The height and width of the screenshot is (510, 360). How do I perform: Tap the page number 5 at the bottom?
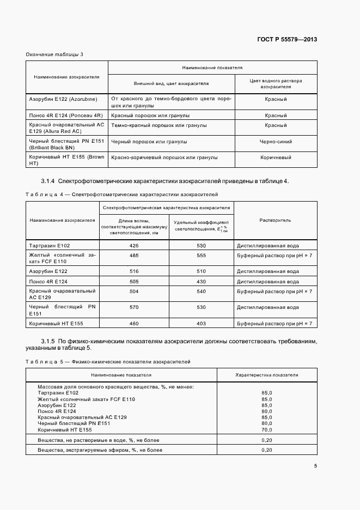point(315,466)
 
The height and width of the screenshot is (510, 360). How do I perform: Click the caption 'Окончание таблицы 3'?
point(54,54)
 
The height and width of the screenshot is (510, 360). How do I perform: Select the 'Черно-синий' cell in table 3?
point(276,142)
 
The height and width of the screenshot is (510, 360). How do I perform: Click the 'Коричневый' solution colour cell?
point(276,157)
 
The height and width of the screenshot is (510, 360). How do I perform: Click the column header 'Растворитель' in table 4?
point(276,220)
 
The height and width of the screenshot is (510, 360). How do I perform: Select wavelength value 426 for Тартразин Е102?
point(134,246)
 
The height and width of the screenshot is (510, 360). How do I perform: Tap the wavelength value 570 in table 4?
point(134,307)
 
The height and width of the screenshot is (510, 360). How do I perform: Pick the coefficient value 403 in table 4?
point(201,324)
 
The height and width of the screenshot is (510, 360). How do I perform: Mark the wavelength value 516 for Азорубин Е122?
point(134,271)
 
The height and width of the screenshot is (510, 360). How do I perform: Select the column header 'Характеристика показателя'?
point(266,375)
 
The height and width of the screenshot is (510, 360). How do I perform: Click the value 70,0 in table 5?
point(266,430)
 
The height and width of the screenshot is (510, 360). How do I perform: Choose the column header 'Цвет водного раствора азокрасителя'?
point(276,83)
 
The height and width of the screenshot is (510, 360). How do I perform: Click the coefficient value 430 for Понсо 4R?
point(201,282)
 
